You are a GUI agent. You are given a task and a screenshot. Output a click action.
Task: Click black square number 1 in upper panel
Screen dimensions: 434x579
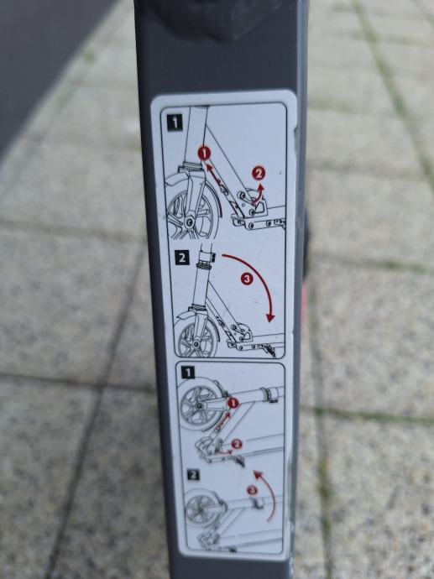click(175, 123)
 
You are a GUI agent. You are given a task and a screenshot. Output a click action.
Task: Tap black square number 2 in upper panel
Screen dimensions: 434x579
click(181, 258)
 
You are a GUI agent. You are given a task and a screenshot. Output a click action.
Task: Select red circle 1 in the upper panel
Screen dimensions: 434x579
click(204, 153)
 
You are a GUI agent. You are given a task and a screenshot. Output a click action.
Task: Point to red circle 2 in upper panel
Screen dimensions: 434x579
click(259, 173)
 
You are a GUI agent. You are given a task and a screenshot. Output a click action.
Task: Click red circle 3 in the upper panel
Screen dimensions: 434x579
click(247, 279)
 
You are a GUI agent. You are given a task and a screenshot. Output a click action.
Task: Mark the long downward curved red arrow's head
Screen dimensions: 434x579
click(271, 317)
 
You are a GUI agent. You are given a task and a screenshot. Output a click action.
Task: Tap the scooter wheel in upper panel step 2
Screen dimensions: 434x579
click(196, 338)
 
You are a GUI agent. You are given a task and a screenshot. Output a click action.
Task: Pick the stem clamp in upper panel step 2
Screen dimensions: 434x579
click(206, 257)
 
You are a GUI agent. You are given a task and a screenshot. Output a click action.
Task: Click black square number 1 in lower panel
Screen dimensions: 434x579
click(188, 373)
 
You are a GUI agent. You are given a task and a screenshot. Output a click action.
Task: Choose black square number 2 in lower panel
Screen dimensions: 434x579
click(193, 474)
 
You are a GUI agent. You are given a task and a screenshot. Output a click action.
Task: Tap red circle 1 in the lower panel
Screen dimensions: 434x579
click(233, 403)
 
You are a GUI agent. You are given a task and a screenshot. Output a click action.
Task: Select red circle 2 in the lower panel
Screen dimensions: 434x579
click(237, 444)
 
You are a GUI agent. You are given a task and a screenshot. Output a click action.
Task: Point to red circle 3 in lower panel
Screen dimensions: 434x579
click(252, 490)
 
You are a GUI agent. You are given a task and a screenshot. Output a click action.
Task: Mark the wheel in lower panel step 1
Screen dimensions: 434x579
click(201, 404)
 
